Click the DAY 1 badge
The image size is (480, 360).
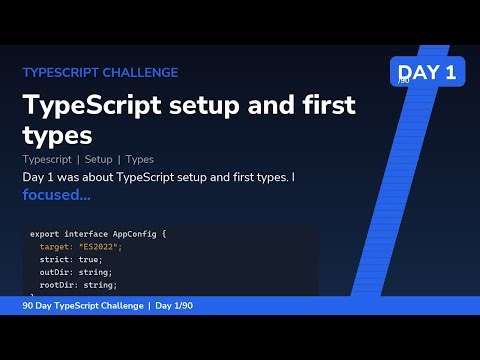coord(426,71)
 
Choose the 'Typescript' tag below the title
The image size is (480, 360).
coord(47,159)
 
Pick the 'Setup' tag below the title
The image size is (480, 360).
coord(99,159)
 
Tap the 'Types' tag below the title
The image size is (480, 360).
coord(140,159)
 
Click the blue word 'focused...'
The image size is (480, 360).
coord(56,195)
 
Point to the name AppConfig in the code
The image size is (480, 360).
coord(140,234)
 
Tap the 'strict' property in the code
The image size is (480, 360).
coord(55,259)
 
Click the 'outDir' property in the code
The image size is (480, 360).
coord(55,272)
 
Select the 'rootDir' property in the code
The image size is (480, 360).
coord(57,285)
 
